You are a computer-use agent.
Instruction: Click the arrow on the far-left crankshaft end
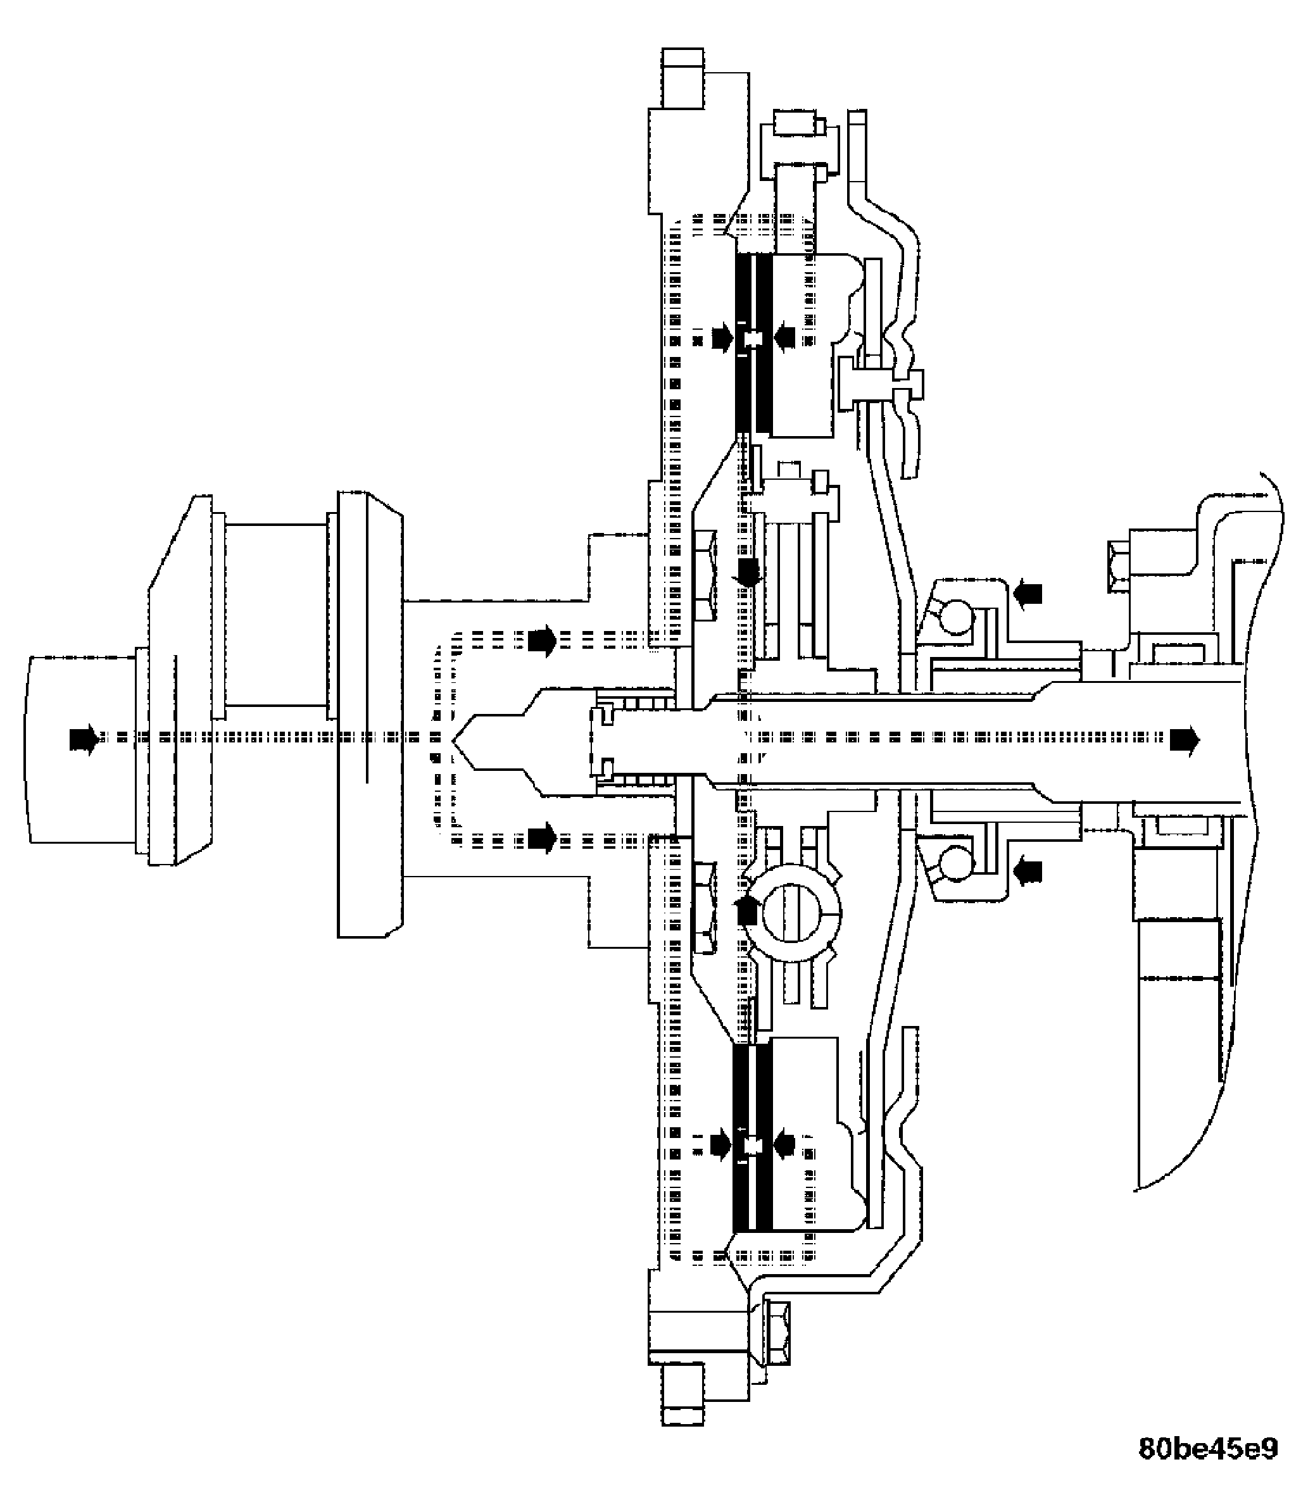click(x=82, y=739)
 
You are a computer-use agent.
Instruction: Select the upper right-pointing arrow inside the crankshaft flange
click(x=541, y=641)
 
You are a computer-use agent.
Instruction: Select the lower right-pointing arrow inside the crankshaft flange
click(x=541, y=838)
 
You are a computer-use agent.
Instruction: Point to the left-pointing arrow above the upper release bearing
click(x=1028, y=593)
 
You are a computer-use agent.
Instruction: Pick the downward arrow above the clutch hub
click(x=748, y=572)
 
